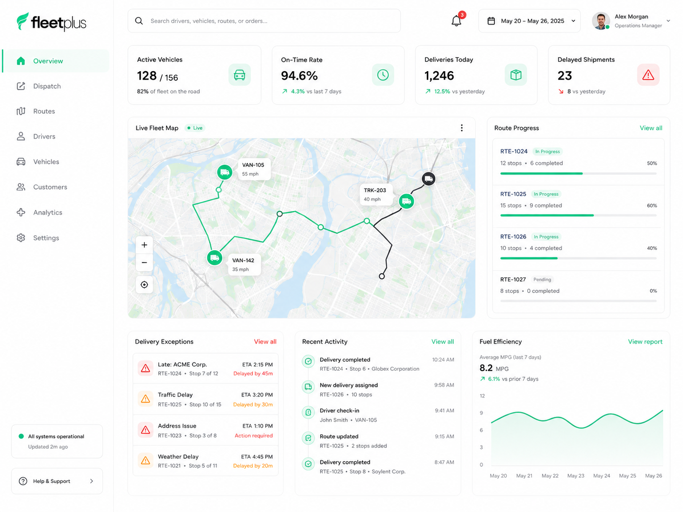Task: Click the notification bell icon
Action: coord(456,21)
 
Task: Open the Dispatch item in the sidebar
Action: coord(47,86)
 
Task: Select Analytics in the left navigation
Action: coord(47,212)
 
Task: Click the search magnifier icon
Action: coord(139,21)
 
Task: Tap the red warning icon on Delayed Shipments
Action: coord(648,74)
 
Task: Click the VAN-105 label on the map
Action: coord(253,165)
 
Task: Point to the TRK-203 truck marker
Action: coord(407,201)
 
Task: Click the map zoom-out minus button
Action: coord(144,263)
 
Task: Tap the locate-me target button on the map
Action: coord(144,284)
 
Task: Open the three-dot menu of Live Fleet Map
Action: coord(461,128)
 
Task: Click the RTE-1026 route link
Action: coord(513,237)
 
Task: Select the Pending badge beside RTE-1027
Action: coord(542,280)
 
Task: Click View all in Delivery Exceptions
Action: coord(265,342)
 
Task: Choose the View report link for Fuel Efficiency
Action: coord(645,342)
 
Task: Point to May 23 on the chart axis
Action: coord(575,476)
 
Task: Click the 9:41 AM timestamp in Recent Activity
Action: coord(444,410)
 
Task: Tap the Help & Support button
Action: coord(57,481)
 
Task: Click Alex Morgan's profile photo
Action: coord(600,21)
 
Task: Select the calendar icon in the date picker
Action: coord(491,21)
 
